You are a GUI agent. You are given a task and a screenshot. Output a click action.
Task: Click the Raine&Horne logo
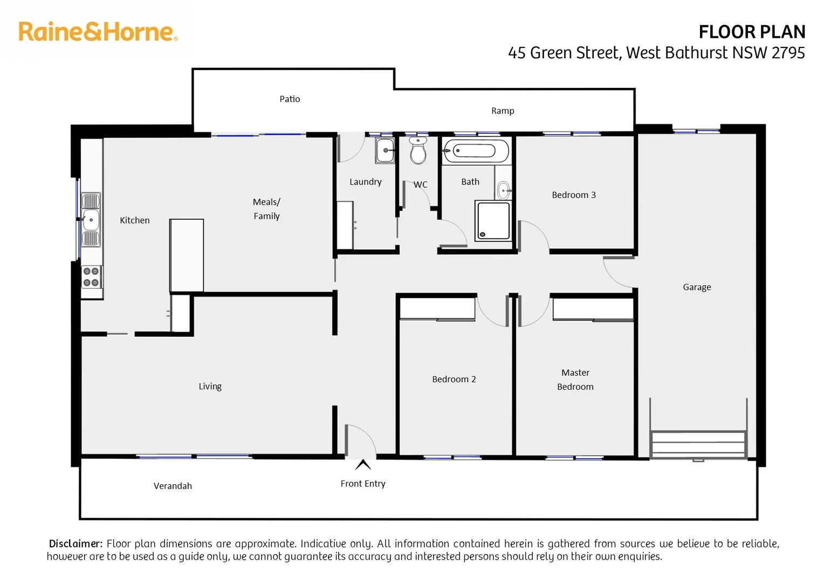click(x=98, y=32)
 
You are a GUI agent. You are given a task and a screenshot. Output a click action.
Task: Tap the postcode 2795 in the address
click(x=788, y=53)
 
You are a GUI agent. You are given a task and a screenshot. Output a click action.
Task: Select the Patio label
click(x=290, y=99)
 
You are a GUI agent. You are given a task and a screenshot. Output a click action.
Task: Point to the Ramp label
click(x=503, y=111)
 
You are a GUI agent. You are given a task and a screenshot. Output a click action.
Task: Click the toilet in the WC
click(x=418, y=151)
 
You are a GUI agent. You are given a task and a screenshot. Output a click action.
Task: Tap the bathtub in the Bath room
click(x=475, y=150)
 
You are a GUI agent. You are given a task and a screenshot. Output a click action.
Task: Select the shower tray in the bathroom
click(x=493, y=220)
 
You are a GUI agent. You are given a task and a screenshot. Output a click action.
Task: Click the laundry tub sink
click(x=385, y=150)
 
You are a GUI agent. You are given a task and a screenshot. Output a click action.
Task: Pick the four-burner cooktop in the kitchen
click(x=91, y=277)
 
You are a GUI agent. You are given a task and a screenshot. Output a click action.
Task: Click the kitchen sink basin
click(x=91, y=220)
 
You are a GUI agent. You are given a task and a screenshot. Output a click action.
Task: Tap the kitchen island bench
click(x=187, y=255)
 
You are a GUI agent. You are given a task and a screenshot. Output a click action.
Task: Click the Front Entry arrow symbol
click(x=363, y=465)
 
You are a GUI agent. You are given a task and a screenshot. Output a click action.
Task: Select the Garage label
click(x=697, y=287)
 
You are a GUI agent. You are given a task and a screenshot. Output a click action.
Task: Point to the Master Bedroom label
click(x=575, y=379)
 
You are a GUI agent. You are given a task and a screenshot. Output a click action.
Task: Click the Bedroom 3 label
click(x=574, y=195)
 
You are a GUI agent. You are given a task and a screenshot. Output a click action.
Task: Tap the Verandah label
click(x=173, y=486)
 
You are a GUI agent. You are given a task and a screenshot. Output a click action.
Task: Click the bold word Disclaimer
click(x=75, y=544)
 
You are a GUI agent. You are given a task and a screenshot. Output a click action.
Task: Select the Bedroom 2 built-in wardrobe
click(x=437, y=309)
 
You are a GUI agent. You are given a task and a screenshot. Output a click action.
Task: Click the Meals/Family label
click(x=266, y=209)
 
